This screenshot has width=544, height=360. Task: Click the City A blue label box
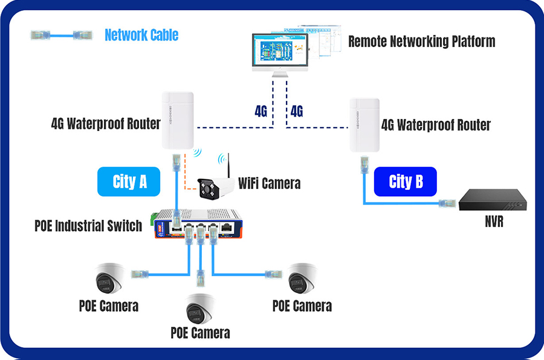(x=129, y=182)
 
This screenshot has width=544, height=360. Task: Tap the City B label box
(x=405, y=182)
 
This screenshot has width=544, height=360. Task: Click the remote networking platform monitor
(x=280, y=51)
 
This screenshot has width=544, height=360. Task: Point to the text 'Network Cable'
(x=141, y=35)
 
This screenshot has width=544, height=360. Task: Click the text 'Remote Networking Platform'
(x=421, y=42)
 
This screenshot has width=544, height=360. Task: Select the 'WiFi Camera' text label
(x=269, y=182)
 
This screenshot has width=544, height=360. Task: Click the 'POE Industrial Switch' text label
(x=88, y=226)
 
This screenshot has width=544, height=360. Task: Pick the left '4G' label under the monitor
(x=261, y=111)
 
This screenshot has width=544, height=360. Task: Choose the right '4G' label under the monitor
(x=297, y=111)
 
